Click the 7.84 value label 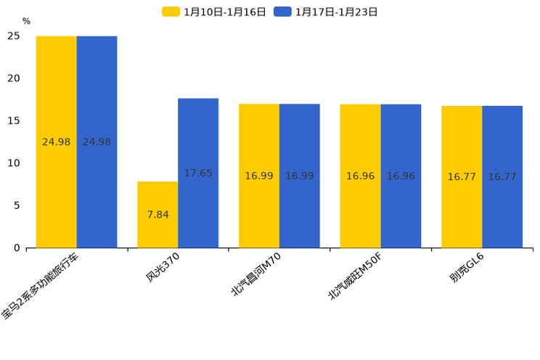click(x=157, y=215)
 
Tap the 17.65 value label click(x=198, y=173)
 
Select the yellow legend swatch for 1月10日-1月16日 click(x=171, y=12)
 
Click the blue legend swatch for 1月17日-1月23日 click(x=282, y=12)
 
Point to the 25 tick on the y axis click(x=14, y=36)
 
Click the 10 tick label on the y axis click(x=14, y=163)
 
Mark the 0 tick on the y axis click(x=17, y=248)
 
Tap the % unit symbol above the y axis click(x=26, y=22)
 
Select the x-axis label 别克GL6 click(x=466, y=268)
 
